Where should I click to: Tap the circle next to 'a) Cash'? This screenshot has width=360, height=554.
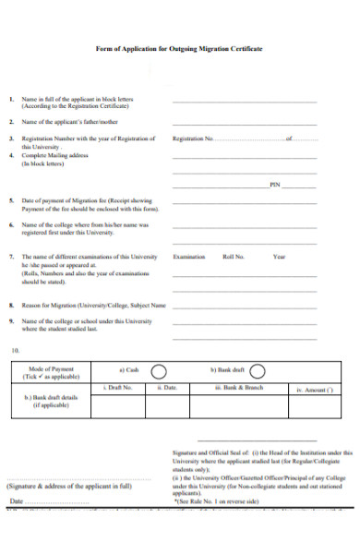(158, 371)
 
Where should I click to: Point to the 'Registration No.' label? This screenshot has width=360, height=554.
(193, 138)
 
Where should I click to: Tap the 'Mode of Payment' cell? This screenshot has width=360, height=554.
(56, 372)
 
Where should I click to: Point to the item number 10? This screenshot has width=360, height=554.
(14, 349)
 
